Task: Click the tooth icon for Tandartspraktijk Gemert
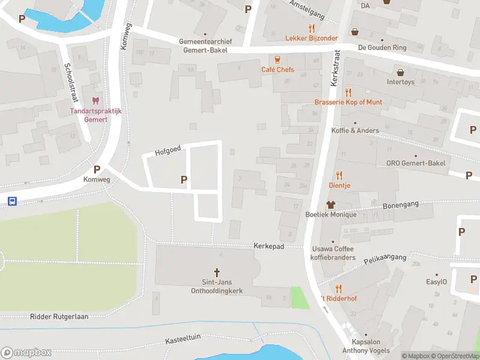pyautogui.click(x=95, y=101)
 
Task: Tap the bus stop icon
pyautogui.click(x=12, y=202)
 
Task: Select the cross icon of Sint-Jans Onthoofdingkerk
pyautogui.click(x=217, y=272)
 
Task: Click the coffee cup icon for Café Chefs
pyautogui.click(x=277, y=59)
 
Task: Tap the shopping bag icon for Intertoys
pyautogui.click(x=400, y=73)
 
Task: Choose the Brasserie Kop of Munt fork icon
pyautogui.click(x=348, y=92)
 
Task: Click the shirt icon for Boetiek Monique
pyautogui.click(x=330, y=205)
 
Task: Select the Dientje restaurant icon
pyautogui.click(x=339, y=175)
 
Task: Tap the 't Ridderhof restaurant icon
pyautogui.click(x=338, y=289)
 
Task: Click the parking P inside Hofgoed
pyautogui.click(x=184, y=179)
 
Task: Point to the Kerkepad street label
pyautogui.click(x=268, y=247)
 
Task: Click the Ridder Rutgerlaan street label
pyautogui.click(x=59, y=316)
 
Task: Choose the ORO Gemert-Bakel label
pyautogui.click(x=416, y=163)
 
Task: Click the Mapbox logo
pyautogui.click(x=26, y=353)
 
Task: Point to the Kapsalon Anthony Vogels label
pyautogui.click(x=365, y=346)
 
